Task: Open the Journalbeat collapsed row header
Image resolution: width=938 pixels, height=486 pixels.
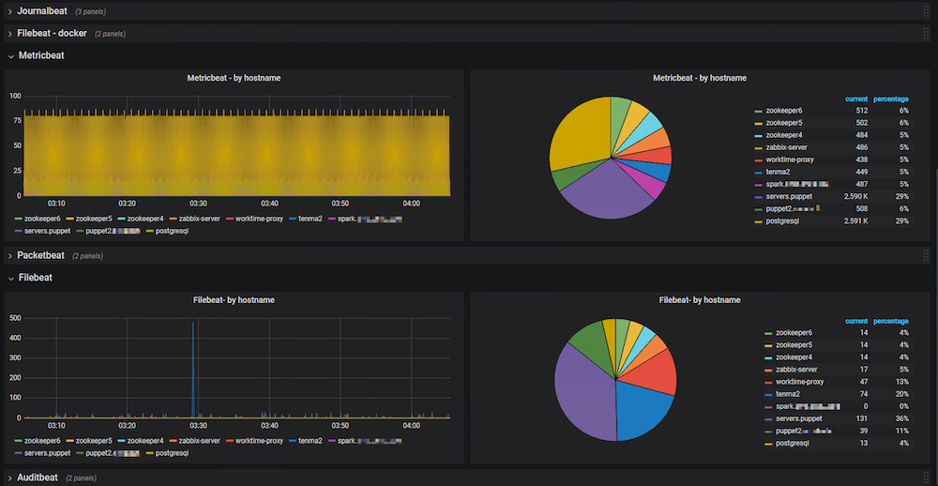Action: (x=41, y=10)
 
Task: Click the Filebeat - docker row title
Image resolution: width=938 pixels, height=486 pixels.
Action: (x=52, y=33)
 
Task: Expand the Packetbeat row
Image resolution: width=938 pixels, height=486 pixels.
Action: (x=41, y=255)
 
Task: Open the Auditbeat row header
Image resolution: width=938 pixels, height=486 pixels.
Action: (x=38, y=478)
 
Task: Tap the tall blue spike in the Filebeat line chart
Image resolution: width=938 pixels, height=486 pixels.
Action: (x=193, y=366)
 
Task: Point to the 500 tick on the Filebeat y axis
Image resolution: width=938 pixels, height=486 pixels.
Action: (x=15, y=318)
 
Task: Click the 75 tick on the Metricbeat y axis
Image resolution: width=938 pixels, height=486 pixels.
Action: (x=15, y=121)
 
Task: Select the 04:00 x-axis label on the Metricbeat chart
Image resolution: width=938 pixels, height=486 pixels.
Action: (x=412, y=203)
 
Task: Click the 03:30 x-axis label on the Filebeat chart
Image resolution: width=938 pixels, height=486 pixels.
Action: (x=198, y=425)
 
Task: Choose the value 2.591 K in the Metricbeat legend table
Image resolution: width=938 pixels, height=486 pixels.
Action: (x=855, y=220)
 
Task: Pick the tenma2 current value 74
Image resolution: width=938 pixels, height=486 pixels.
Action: (x=860, y=394)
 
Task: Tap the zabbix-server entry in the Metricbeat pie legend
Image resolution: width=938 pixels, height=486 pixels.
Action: (x=785, y=147)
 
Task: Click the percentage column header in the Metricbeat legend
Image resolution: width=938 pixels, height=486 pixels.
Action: (x=890, y=99)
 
